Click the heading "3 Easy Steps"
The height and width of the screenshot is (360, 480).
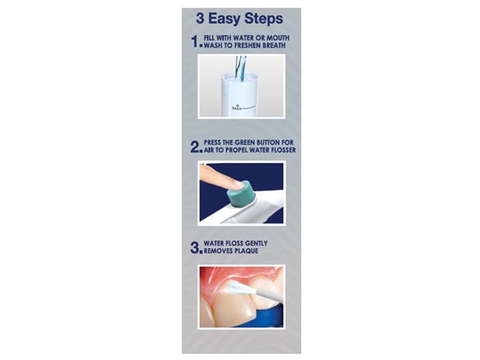(x=239, y=19)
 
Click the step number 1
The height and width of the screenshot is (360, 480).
(x=195, y=42)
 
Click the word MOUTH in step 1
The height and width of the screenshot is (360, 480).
(x=278, y=38)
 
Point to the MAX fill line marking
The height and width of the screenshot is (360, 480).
(x=243, y=108)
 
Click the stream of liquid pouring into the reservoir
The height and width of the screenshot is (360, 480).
(x=240, y=69)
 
